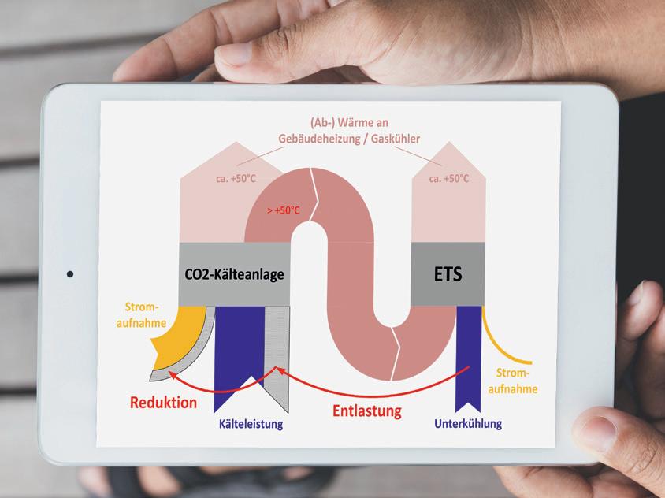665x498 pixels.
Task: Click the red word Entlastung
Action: point(366,411)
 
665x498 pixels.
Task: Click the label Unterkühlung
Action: point(468,424)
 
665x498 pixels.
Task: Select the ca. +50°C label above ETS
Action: point(449,179)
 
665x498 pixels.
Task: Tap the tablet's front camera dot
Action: point(70,274)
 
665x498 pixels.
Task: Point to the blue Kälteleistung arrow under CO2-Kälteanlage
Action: point(239,347)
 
